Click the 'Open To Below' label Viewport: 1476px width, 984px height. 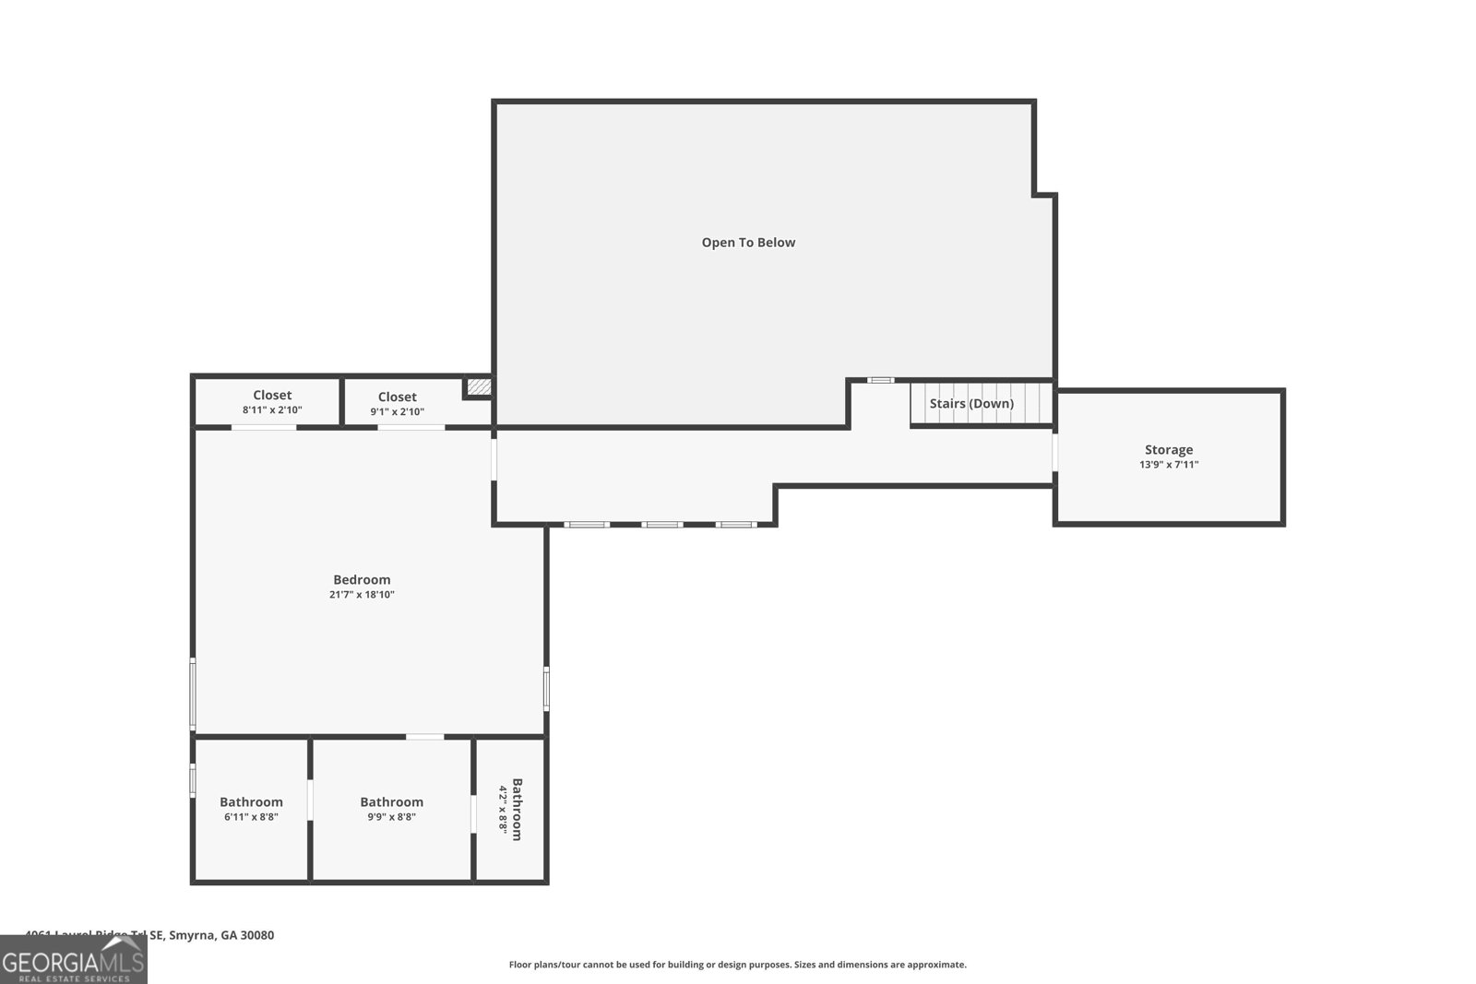pos(748,243)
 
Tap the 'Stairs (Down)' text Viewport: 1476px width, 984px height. pos(971,404)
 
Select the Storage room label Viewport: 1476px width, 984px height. pos(1169,450)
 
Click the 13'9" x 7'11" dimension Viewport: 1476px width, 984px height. pos(1169,465)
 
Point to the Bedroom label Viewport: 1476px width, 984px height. pos(362,580)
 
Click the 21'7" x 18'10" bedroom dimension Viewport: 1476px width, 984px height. pos(362,595)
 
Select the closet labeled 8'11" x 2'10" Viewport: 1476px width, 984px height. pos(272,402)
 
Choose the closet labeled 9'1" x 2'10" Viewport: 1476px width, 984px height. pos(397,404)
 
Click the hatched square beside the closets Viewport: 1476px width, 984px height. pos(478,387)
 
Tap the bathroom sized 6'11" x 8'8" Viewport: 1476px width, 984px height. pos(251,809)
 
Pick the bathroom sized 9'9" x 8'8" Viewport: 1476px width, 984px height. pos(392,809)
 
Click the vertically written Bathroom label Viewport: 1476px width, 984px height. pos(517,810)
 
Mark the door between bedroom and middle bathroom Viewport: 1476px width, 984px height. pos(424,737)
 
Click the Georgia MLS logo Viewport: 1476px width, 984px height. pos(74,961)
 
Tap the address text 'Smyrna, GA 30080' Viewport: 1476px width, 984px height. pos(221,935)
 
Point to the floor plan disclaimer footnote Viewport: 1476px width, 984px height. pos(738,965)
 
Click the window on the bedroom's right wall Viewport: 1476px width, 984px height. pos(546,688)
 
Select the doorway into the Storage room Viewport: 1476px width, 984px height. pos(1054,454)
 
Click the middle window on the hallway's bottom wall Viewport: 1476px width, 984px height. pos(662,525)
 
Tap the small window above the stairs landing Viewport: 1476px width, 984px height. pos(881,380)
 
